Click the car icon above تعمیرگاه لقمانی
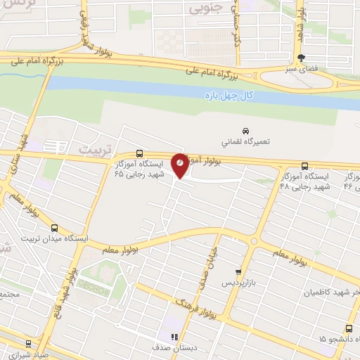[245, 131]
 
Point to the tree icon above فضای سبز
[301, 58]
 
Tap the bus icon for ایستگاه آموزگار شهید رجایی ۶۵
[139, 154]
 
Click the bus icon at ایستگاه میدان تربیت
[56, 228]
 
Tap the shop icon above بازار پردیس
[238, 271]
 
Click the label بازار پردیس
[237, 282]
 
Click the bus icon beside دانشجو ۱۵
[349, 328]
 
